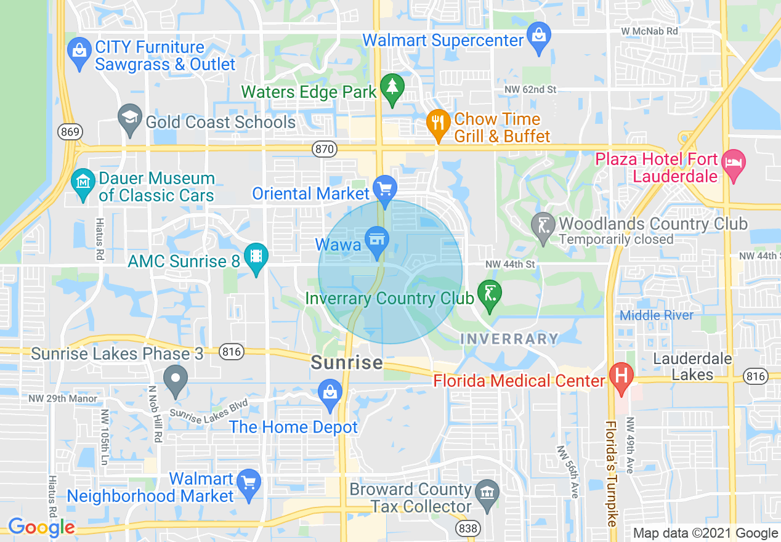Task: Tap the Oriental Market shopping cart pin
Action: [386, 187]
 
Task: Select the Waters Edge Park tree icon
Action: [391, 87]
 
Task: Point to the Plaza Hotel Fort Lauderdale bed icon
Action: [734, 163]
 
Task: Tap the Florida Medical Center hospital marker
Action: [621, 375]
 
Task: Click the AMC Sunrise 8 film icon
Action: [256, 255]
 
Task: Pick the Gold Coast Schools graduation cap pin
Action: [129, 117]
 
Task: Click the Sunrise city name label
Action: [347, 363]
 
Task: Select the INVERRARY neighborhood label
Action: [509, 339]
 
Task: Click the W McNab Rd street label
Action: [649, 31]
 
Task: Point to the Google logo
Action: [41, 527]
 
